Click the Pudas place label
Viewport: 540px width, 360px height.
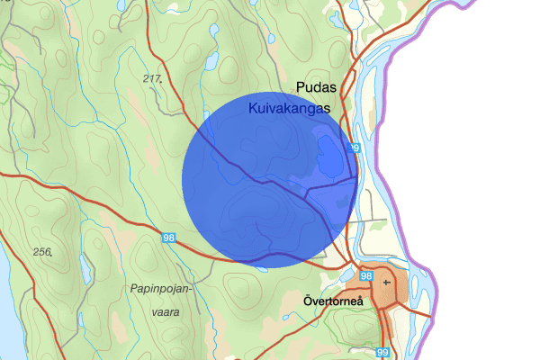315,88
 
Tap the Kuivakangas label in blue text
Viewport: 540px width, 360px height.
289,107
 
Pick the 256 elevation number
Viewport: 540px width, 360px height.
41,251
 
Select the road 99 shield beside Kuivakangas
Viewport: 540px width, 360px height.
354,148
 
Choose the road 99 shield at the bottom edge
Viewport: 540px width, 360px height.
384,353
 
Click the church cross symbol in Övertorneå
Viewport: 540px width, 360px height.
387,282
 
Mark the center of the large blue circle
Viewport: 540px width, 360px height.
270,179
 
